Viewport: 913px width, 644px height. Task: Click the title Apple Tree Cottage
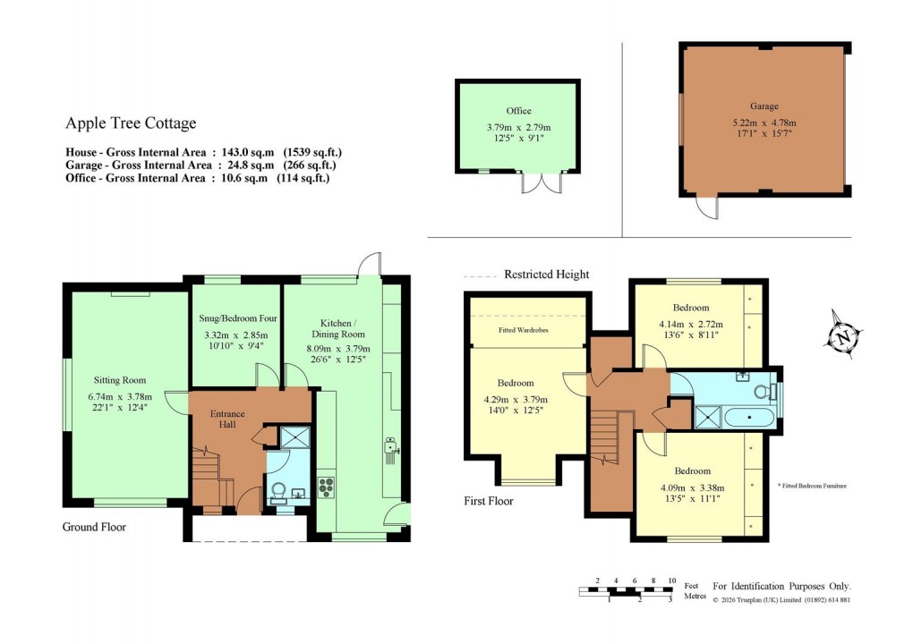[x=131, y=123]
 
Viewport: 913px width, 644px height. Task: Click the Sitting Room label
[x=121, y=379]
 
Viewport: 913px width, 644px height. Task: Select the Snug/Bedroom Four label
[x=237, y=318]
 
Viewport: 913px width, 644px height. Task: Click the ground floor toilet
[x=278, y=491]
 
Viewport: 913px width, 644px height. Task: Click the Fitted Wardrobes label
[x=524, y=329]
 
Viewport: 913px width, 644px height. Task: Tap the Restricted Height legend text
[x=546, y=275]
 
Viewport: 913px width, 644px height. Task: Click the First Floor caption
[x=489, y=501]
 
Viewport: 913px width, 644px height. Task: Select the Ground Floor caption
[x=94, y=527]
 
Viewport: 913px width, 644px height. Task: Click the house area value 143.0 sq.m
[x=248, y=152]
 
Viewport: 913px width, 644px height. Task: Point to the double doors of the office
[x=542, y=182]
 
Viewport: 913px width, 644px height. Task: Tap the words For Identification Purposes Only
[x=781, y=585]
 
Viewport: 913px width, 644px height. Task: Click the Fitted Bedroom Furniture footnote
[x=812, y=486]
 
